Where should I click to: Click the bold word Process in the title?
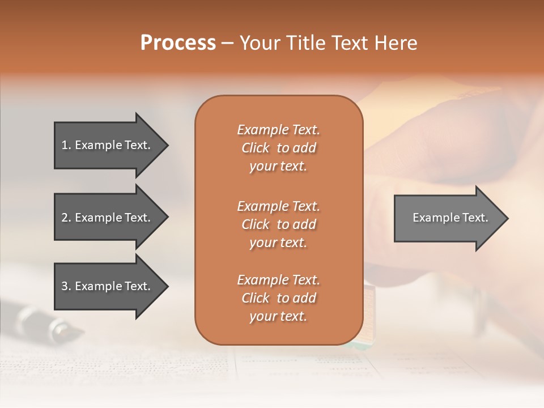tap(178, 43)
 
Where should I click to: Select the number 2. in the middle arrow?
tap(66, 218)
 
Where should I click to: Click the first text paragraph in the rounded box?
tap(278, 148)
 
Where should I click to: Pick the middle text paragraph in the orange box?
tap(278, 224)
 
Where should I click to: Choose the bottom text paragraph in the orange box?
tap(278, 298)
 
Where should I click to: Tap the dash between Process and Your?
tap(227, 43)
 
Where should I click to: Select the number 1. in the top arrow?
tap(66, 145)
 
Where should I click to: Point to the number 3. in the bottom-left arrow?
tap(66, 286)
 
